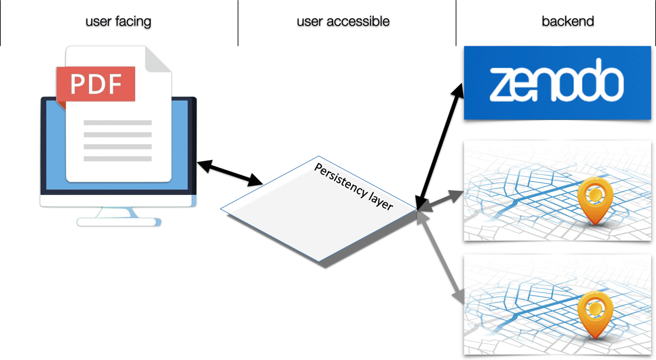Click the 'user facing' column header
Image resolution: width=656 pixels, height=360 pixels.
pos(118,22)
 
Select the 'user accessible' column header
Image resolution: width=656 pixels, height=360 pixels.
pos(343,22)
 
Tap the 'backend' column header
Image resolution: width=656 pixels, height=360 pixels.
pos(567,22)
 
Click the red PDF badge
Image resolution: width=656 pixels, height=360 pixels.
pos(95,84)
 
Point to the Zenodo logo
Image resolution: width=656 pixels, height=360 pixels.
pos(557,83)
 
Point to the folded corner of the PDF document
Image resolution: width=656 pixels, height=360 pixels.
pos(158,60)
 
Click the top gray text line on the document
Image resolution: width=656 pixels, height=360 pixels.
pos(118,122)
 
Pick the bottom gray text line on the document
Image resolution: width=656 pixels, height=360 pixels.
pos(118,158)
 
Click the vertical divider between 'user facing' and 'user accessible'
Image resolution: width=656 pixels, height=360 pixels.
pos(238,23)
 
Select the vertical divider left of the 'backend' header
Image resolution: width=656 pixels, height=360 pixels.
pos(456,23)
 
